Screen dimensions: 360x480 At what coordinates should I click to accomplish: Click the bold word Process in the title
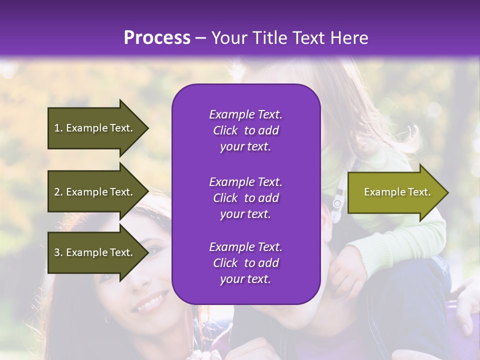(x=157, y=38)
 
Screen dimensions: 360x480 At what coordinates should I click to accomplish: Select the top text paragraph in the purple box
(x=245, y=130)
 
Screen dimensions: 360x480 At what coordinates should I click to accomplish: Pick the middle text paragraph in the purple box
(x=245, y=197)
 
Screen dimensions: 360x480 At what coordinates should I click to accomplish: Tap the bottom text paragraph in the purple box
(x=245, y=263)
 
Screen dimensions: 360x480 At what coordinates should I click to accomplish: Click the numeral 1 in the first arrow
(x=57, y=128)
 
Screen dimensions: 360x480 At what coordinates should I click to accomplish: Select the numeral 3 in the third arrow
(x=57, y=252)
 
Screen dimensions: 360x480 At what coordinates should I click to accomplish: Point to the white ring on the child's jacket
(x=337, y=203)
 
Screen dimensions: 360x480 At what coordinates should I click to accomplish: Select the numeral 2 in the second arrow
(x=57, y=192)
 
